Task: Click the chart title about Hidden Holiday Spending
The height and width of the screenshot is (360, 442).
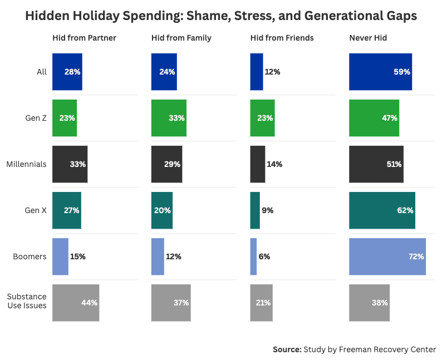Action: tap(221, 16)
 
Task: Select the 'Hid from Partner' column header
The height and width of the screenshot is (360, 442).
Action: tap(84, 38)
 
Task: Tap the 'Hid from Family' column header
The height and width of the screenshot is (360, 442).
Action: tap(181, 38)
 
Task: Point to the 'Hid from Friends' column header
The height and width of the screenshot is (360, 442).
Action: tap(282, 38)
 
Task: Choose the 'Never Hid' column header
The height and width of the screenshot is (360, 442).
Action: tap(368, 38)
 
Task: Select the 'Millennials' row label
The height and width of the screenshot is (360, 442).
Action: tap(26, 164)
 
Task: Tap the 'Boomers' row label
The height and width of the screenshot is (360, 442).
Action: tap(30, 257)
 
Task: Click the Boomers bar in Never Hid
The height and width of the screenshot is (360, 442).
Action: tap(387, 257)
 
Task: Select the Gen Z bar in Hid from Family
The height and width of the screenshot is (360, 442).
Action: tap(169, 118)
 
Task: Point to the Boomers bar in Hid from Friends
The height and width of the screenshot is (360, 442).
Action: tap(253, 257)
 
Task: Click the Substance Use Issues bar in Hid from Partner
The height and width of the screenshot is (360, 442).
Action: tap(76, 303)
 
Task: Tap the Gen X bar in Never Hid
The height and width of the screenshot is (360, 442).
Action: tap(382, 210)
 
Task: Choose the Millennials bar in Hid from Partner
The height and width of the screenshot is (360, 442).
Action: tap(70, 164)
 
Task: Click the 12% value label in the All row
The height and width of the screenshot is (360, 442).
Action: tap(272, 72)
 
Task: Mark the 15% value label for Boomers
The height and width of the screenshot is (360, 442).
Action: tap(77, 257)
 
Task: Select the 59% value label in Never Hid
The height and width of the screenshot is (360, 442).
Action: tap(402, 72)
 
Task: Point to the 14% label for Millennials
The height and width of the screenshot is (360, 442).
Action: tap(274, 164)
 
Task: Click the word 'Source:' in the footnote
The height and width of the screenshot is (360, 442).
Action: tap(287, 349)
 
